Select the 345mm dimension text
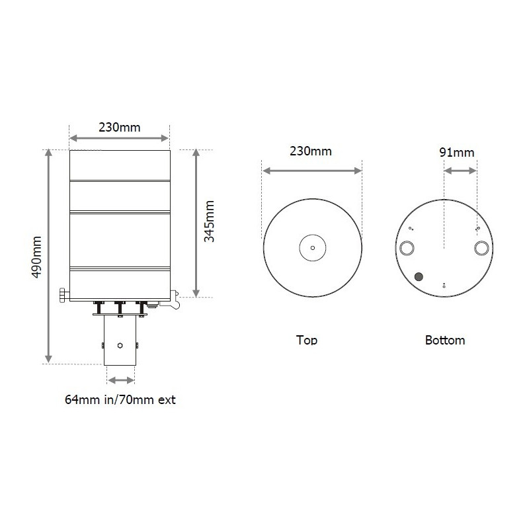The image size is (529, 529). (209, 222)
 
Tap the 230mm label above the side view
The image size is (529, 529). (120, 128)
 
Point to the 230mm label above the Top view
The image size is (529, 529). (311, 151)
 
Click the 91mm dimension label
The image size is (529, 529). (457, 152)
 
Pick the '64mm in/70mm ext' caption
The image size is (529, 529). (120, 399)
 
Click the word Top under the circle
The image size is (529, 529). (307, 340)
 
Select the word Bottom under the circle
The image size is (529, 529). (445, 340)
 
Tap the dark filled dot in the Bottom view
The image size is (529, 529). (419, 276)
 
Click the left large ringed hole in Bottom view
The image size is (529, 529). (406, 248)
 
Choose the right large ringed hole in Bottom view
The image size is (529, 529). (481, 248)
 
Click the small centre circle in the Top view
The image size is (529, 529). (313, 249)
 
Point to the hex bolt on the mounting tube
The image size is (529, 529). (120, 345)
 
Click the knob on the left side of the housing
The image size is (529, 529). (63, 294)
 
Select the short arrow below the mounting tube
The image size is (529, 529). (121, 380)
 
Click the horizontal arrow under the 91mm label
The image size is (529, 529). (460, 171)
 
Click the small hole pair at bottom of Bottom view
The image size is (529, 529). (444, 284)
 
